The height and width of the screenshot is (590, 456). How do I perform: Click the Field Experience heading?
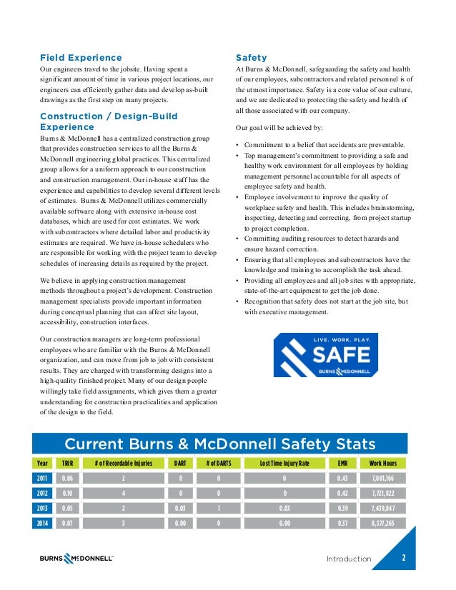(x=81, y=57)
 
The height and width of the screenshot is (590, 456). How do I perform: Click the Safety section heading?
(x=251, y=57)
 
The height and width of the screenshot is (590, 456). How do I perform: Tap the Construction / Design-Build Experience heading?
(x=109, y=121)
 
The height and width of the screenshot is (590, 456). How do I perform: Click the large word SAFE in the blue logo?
(x=337, y=354)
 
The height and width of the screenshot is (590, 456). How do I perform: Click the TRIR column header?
(x=68, y=463)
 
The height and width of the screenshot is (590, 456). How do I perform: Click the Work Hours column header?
(x=383, y=463)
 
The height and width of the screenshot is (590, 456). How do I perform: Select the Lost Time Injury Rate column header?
(x=284, y=463)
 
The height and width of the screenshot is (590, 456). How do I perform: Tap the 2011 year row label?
(x=44, y=479)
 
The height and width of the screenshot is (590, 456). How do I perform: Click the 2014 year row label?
(x=44, y=524)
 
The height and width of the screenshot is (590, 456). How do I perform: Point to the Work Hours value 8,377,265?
(x=383, y=524)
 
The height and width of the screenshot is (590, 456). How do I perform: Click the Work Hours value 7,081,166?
(x=383, y=479)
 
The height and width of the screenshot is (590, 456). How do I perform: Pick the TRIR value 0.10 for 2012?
(x=68, y=494)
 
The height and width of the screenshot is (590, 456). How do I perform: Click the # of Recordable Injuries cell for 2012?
(x=124, y=494)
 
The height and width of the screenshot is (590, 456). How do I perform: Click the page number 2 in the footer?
(x=405, y=559)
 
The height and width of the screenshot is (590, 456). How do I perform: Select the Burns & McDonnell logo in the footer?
(x=76, y=559)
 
